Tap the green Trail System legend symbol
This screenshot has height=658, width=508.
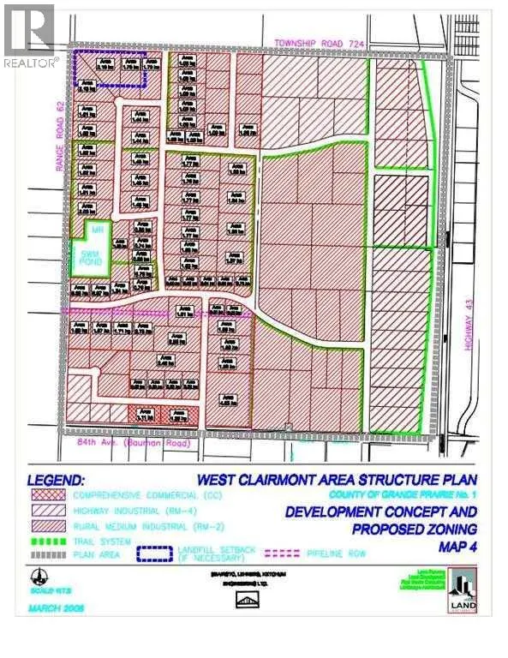pyautogui.click(x=48, y=541)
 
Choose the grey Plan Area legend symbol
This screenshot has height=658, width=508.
pyautogui.click(x=48, y=554)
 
